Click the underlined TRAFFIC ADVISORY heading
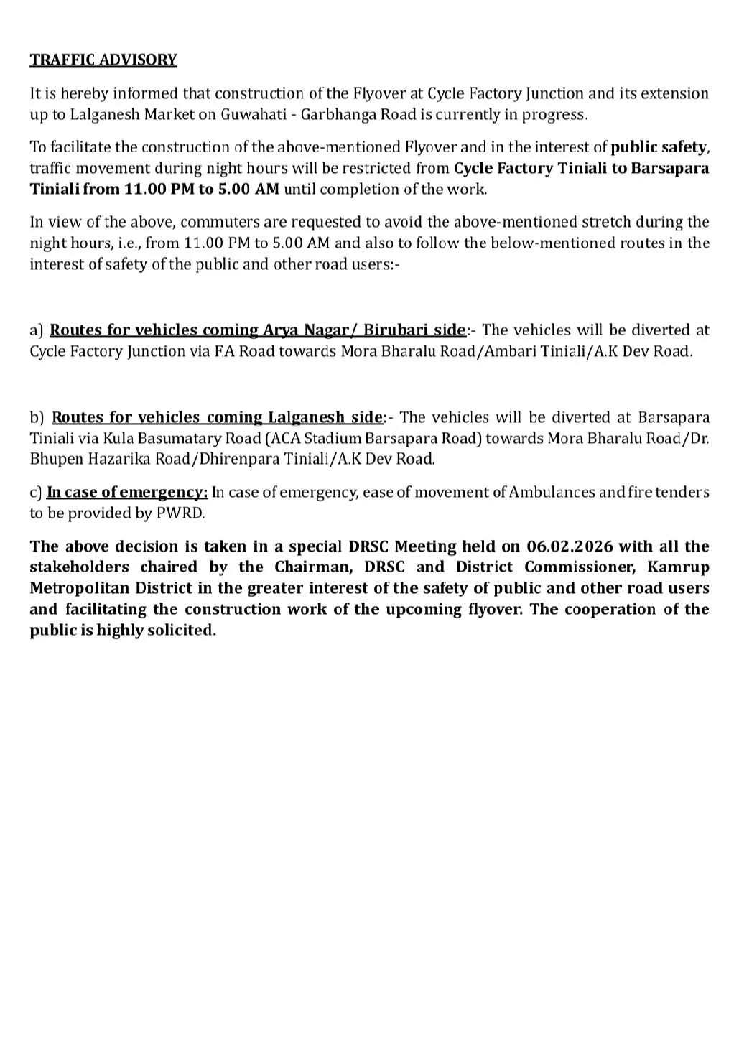pyautogui.click(x=103, y=60)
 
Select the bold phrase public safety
pyautogui.click(x=659, y=147)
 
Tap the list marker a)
pyautogui.click(x=37, y=330)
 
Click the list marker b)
pyautogui.click(x=37, y=417)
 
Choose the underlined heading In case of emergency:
pyautogui.click(x=127, y=493)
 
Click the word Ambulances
pyautogui.click(x=549, y=493)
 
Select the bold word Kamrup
pyautogui.click(x=678, y=567)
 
